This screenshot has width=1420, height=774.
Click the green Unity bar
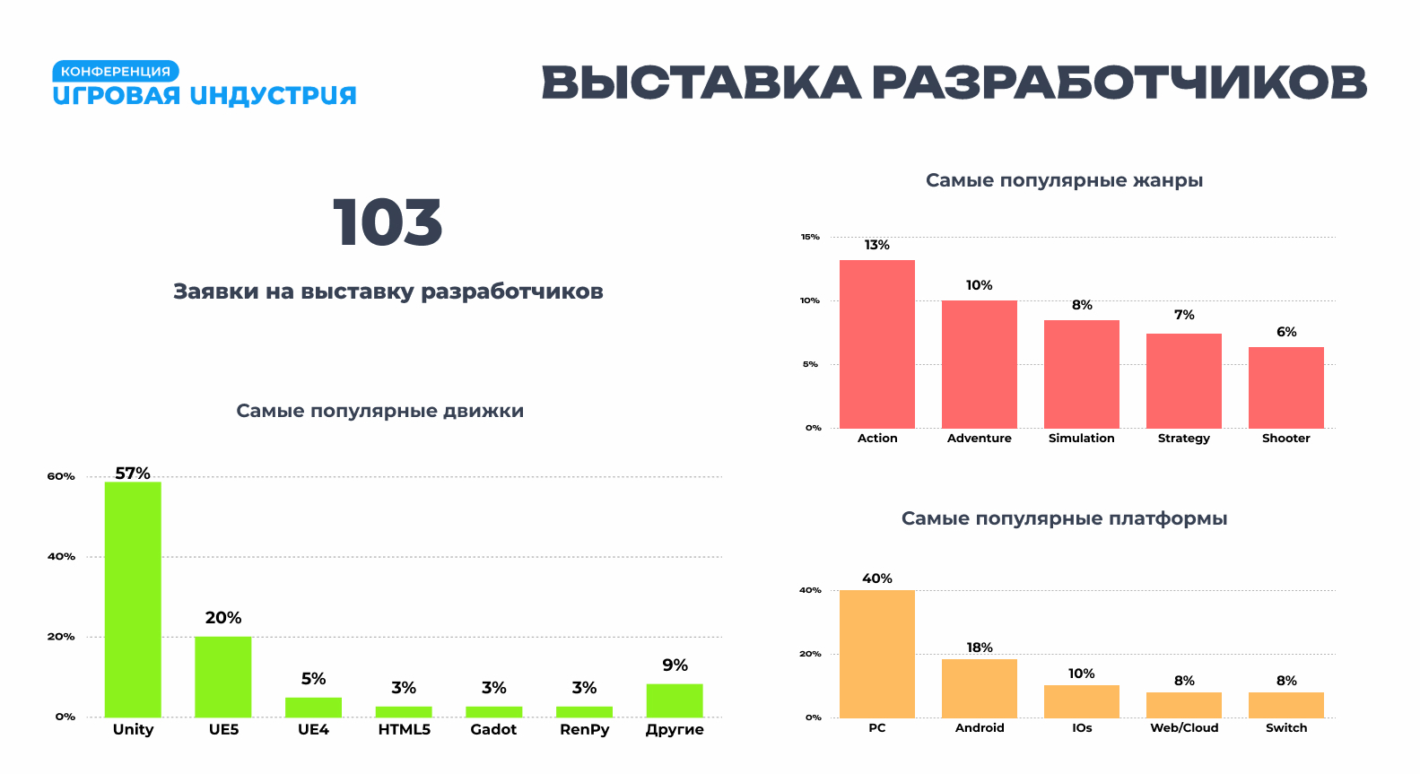tap(133, 599)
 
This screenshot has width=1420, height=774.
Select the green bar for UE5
tap(223, 676)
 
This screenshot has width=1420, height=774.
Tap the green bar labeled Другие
tap(675, 700)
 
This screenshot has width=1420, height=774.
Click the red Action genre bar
tap(877, 344)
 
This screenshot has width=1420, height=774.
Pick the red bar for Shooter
tap(1286, 387)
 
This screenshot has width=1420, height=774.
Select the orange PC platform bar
tap(877, 654)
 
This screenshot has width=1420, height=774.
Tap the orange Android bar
tap(980, 688)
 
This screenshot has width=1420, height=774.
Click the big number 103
tap(388, 223)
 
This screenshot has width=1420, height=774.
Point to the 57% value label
tap(133, 473)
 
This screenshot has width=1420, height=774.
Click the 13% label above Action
tap(877, 245)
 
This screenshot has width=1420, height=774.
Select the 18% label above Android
tap(980, 648)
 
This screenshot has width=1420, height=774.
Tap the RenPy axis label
tap(584, 729)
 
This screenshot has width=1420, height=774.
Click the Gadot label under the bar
tap(493, 729)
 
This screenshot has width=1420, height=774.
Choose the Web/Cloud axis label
tap(1184, 727)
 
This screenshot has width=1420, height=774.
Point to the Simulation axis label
tap(1082, 438)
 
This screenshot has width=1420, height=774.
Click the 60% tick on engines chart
tap(61, 476)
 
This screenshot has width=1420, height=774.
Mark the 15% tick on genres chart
tap(810, 237)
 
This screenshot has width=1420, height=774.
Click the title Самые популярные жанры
tap(1064, 180)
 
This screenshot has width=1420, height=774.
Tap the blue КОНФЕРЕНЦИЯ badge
tap(116, 71)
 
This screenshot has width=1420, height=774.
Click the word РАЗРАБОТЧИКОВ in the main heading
tap(1119, 83)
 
